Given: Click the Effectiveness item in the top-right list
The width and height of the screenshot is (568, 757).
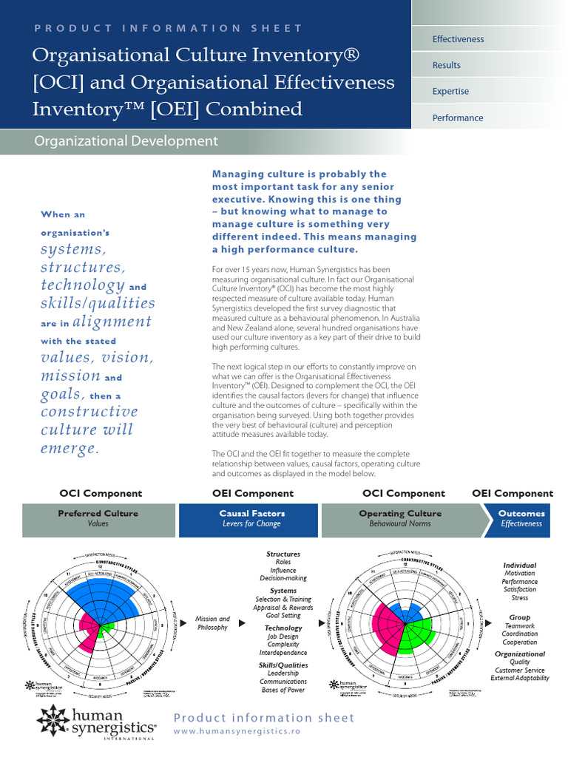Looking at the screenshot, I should [458, 39].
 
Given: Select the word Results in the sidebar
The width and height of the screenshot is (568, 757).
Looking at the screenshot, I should [446, 65].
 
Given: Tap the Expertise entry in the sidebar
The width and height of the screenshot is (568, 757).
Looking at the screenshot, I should [450, 92].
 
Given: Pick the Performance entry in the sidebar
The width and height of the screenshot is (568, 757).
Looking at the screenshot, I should [457, 118].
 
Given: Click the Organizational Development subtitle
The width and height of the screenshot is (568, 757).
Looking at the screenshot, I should [126, 141].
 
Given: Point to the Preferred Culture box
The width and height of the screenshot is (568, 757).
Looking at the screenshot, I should [98, 518].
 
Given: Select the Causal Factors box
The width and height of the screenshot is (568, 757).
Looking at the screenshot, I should [251, 518].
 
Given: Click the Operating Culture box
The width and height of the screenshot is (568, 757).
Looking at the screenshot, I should [400, 518].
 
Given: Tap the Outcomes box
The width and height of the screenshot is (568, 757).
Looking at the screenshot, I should [521, 518].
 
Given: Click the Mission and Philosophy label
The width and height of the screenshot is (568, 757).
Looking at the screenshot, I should [213, 623].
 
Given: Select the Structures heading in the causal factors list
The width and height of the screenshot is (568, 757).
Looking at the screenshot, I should [283, 554].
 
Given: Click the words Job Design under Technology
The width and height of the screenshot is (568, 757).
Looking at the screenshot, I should [283, 636].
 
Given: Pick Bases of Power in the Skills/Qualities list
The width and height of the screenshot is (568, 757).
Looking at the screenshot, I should [283, 690].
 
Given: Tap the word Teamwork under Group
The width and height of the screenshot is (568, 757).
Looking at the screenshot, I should [519, 625].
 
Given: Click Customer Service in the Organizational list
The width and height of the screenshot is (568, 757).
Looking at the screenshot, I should [519, 670].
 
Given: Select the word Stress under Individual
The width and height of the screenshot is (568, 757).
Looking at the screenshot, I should [519, 598].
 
